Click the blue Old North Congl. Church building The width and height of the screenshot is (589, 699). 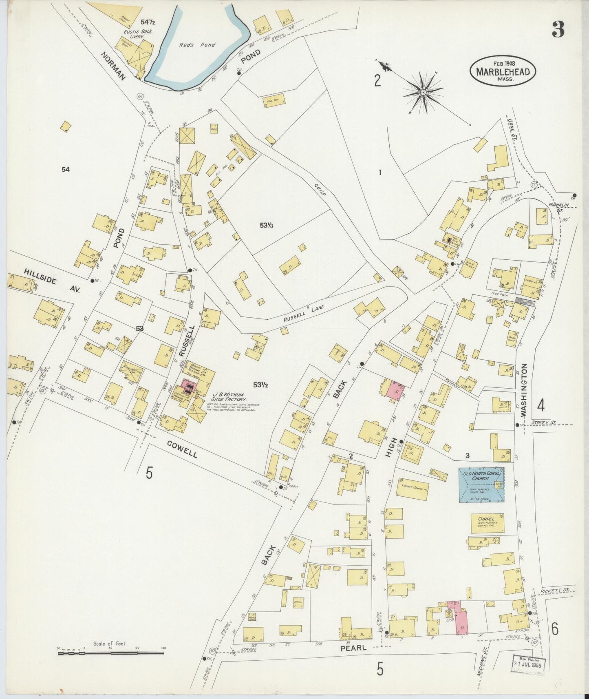pyautogui.click(x=481, y=484)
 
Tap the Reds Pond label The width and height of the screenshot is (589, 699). pyautogui.click(x=192, y=45)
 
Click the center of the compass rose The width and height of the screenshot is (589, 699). pyautogui.click(x=423, y=93)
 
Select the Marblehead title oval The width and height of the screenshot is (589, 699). pyautogui.click(x=503, y=72)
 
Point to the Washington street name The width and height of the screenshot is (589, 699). pyautogui.click(x=524, y=390)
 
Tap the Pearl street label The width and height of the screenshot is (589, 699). pyautogui.click(x=356, y=647)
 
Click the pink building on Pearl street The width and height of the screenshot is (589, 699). pyautogui.click(x=461, y=618)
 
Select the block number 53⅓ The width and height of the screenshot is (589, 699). pyautogui.click(x=267, y=225)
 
